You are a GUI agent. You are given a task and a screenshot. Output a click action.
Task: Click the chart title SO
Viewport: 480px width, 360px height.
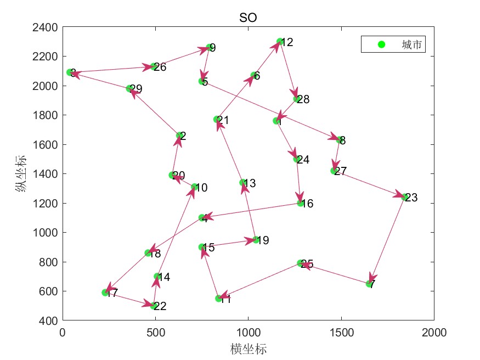tap(248, 18)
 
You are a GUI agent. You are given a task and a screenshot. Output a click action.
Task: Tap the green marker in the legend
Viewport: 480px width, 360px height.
tap(382, 44)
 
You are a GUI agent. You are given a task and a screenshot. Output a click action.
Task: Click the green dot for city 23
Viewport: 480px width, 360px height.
tap(405, 197)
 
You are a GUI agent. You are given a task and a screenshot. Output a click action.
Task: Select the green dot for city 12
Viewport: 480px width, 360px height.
tap(280, 42)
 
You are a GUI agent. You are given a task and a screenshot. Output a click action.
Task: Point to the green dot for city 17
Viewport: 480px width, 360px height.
tap(105, 292)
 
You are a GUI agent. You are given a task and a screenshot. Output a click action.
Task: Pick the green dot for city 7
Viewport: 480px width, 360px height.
tap(369, 284)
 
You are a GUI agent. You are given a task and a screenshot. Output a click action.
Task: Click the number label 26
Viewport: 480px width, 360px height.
tap(160, 67)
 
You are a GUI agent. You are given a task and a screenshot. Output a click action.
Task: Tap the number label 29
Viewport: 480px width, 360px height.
tap(136, 89)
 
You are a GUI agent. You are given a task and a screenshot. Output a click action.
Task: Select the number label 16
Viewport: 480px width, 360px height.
tap(307, 204)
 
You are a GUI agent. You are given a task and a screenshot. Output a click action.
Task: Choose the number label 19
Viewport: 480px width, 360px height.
tap(263, 240)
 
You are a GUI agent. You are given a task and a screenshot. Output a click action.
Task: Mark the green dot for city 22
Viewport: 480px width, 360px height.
tap(154, 306)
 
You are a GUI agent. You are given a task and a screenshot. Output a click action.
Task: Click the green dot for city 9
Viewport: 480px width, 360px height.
tap(209, 48)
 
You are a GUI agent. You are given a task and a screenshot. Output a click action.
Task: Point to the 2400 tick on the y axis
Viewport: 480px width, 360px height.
tap(46, 27)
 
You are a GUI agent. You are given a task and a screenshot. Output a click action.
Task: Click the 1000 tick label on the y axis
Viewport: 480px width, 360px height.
tap(46, 233)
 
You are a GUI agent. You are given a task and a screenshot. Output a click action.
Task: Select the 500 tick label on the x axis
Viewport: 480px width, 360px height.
tap(155, 332)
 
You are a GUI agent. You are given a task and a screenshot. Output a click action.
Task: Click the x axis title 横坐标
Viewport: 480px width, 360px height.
tap(249, 348)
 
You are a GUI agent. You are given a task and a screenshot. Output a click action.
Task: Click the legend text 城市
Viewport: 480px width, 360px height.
tap(411, 45)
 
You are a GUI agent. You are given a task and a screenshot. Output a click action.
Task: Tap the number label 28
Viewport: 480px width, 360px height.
tap(303, 100)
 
